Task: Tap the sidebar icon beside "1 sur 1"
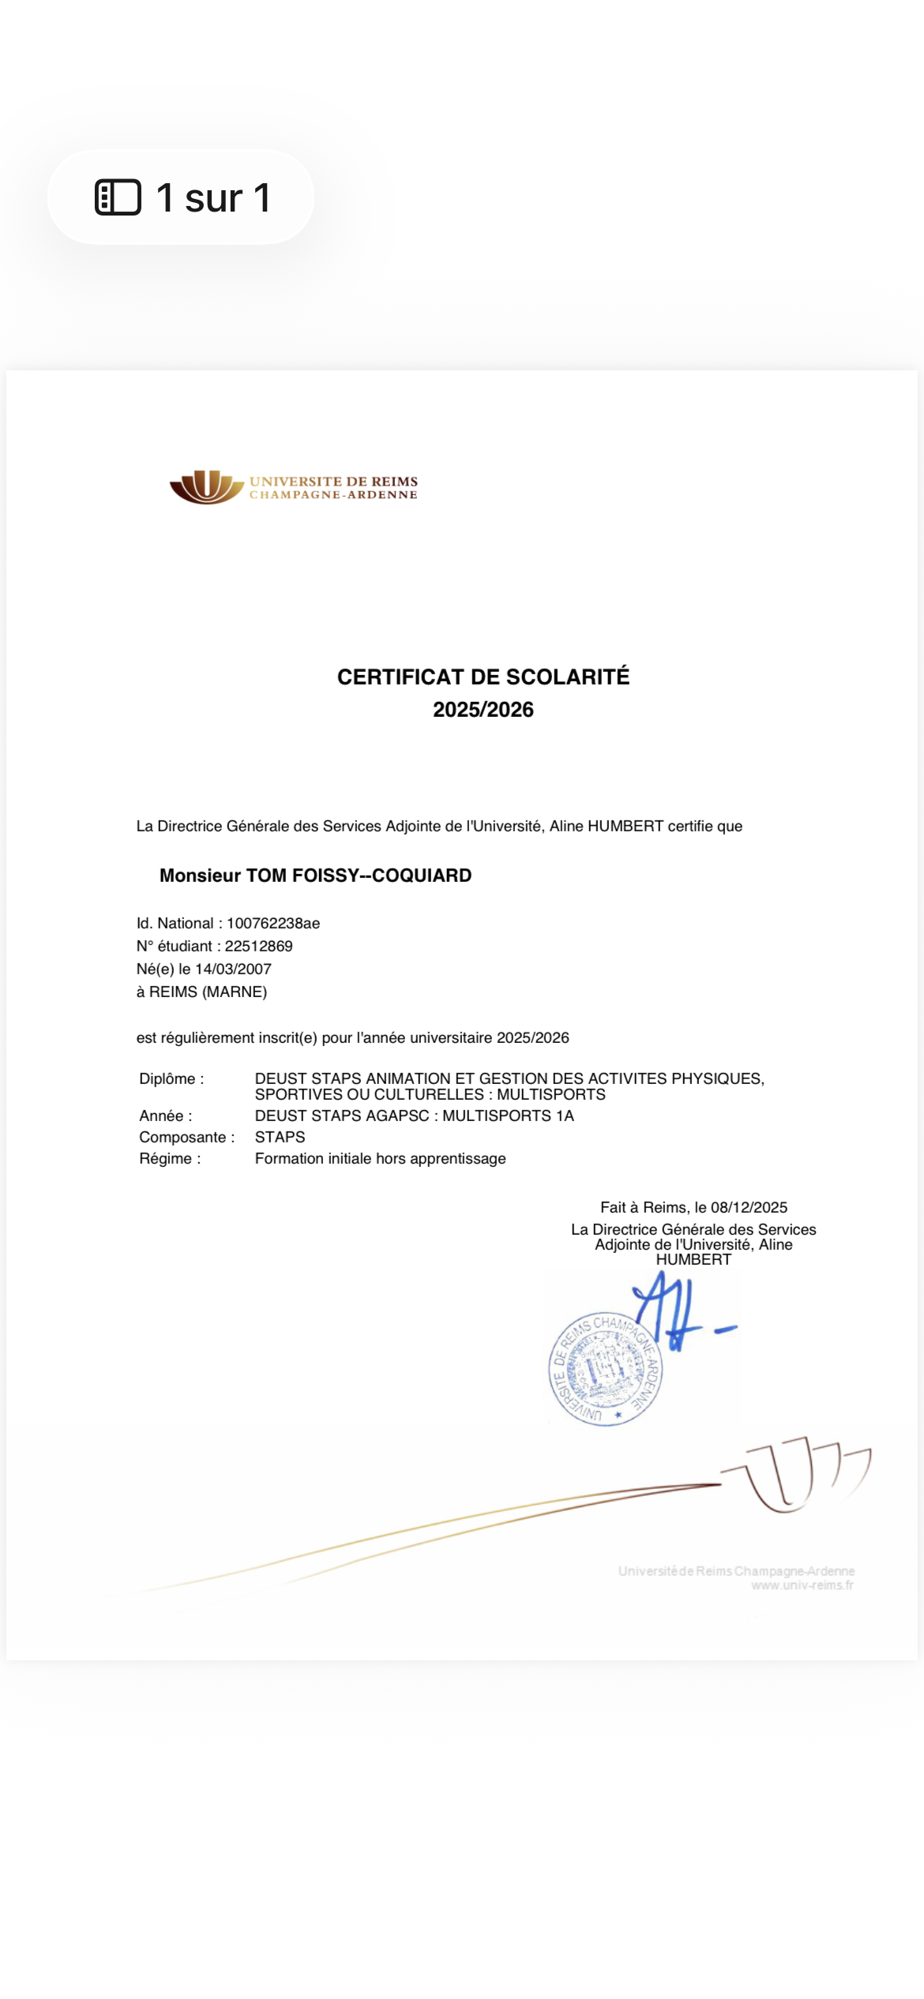coord(118,197)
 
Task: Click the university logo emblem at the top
coord(206,487)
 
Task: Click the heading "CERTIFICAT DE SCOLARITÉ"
coord(483,677)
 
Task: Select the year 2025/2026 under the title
coord(483,710)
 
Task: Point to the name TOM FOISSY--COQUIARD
coord(359,876)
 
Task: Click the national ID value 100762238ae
coord(273,923)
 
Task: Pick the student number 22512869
coord(258,946)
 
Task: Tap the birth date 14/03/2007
coord(233,969)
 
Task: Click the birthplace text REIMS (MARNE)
coord(208,992)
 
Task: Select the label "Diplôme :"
coord(171,1078)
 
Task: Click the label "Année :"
coord(166,1116)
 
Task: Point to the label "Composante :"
coord(187,1137)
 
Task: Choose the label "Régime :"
coord(170,1158)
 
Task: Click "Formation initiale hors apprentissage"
coord(380,1158)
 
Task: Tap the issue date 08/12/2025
coord(749,1207)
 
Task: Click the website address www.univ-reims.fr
coord(802,1585)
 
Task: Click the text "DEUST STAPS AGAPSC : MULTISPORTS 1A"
coord(414,1116)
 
